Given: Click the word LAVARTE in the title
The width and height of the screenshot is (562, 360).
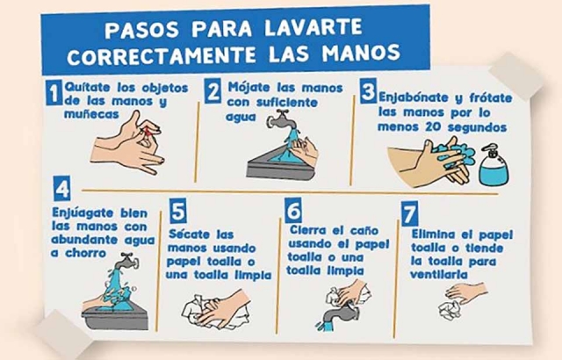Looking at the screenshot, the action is (x=313, y=27).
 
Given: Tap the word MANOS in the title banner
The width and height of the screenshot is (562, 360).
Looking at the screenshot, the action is (x=361, y=54).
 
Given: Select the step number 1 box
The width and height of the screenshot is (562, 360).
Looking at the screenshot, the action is (x=54, y=92).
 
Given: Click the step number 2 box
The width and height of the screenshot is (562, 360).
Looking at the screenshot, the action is (x=213, y=91).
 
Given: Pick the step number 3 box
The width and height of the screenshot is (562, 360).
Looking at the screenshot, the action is (x=368, y=90).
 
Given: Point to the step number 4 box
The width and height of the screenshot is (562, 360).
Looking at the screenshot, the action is (x=62, y=188).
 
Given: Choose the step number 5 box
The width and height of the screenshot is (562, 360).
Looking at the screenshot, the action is (x=178, y=211).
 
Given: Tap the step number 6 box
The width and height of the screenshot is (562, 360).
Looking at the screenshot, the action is (x=293, y=210).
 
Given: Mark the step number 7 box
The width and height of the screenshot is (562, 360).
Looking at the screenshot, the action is (x=410, y=213).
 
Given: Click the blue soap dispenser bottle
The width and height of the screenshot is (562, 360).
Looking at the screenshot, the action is (x=494, y=165).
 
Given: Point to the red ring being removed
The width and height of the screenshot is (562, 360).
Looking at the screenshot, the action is (x=147, y=132).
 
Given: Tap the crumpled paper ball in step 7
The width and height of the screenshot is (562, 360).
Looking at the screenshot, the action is (x=449, y=310).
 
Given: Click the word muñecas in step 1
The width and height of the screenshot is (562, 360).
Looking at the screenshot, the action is (x=91, y=114).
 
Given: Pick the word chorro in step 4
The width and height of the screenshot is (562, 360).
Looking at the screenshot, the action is (x=86, y=253).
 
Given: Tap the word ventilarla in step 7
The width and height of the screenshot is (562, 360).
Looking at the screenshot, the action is (x=439, y=275).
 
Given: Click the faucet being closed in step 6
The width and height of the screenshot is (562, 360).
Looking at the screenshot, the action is (x=338, y=315).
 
